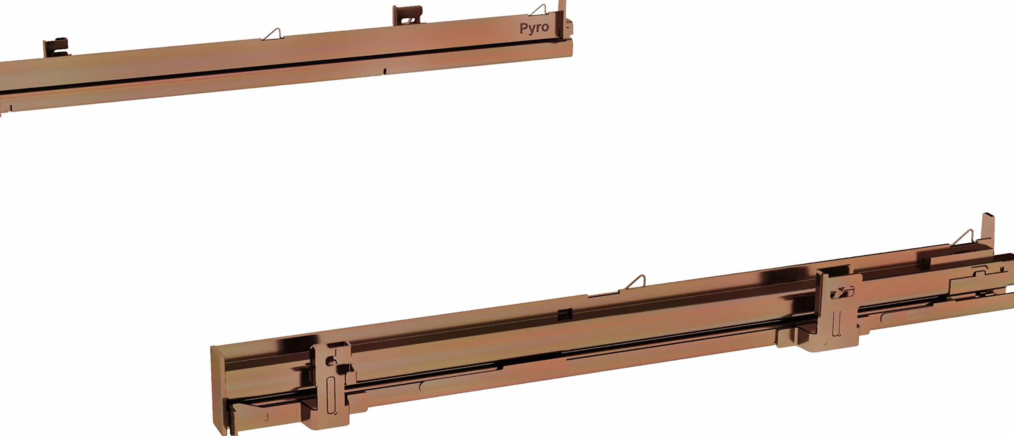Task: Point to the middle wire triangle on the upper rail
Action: pyautogui.click(x=273, y=34)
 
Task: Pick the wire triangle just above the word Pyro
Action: pyautogui.click(x=539, y=10)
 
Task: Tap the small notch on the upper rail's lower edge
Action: pyautogui.click(x=384, y=71)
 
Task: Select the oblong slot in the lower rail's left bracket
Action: pyautogui.click(x=331, y=395)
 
